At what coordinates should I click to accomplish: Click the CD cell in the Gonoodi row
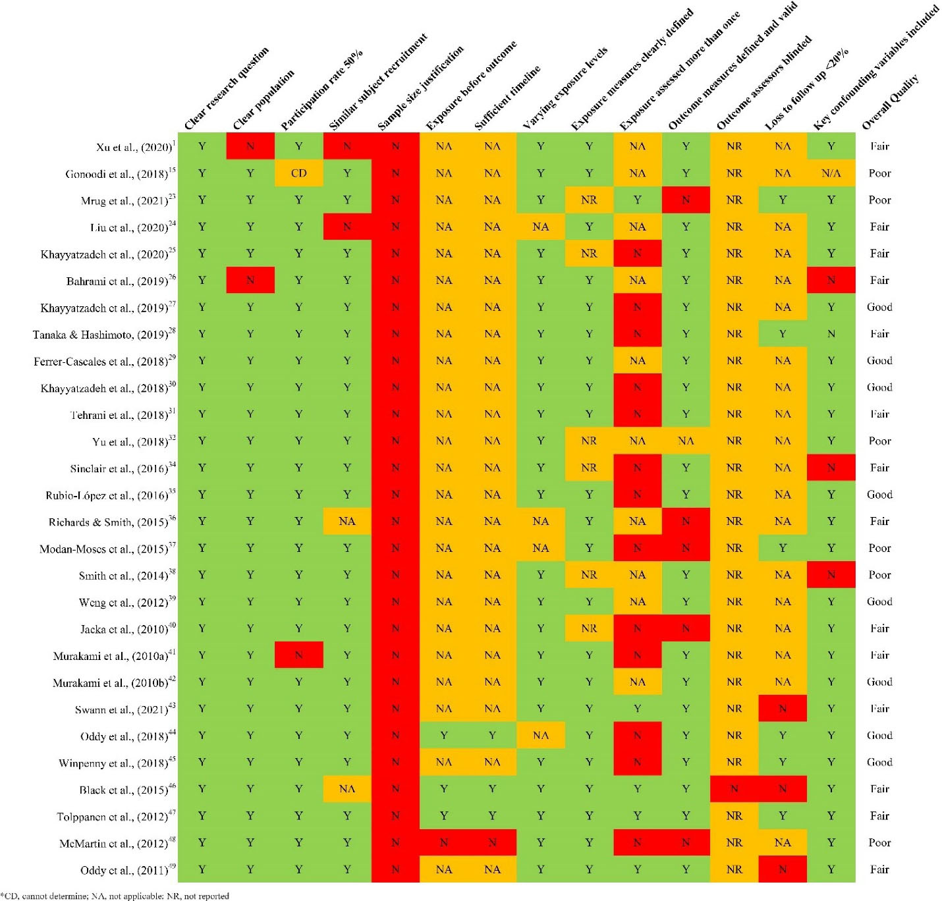tap(298, 173)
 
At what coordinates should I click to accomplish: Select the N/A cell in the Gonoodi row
tap(831, 173)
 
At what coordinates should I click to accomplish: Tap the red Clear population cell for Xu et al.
tap(250, 146)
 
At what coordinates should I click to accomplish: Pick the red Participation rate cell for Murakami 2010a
tap(298, 655)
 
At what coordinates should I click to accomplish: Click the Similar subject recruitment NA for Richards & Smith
tap(347, 522)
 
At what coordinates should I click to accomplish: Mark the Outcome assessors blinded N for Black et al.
tap(734, 789)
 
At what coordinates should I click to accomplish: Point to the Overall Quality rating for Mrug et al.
tap(879, 200)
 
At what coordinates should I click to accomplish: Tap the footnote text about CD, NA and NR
tap(116, 896)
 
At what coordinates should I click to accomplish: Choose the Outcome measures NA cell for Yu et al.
tap(686, 441)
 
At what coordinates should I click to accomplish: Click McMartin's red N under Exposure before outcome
tap(444, 842)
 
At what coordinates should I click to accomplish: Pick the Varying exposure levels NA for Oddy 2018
tap(540, 736)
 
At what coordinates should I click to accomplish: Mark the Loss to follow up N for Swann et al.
tap(783, 709)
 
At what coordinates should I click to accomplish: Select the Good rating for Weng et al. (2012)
tap(879, 602)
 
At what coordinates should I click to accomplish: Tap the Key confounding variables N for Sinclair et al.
tap(831, 468)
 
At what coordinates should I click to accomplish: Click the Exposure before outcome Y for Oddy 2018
tap(444, 736)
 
